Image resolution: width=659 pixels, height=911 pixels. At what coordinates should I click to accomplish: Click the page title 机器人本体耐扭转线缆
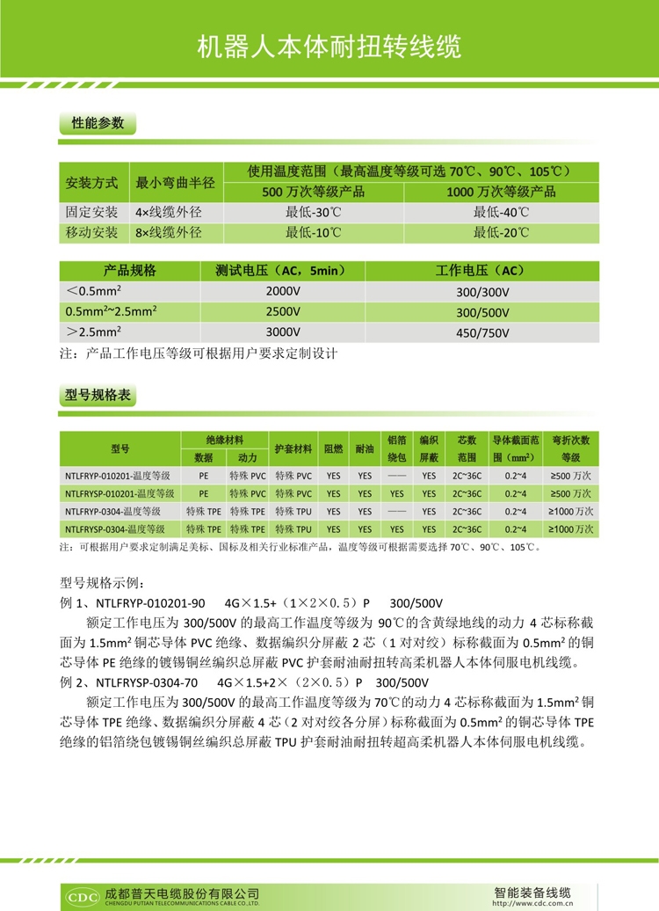point(329,47)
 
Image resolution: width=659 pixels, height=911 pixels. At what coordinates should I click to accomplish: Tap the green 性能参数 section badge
point(98,123)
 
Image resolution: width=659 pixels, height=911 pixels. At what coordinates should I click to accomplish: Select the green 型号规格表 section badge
point(98,397)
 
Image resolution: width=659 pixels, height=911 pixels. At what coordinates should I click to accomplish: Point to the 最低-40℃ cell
point(502,212)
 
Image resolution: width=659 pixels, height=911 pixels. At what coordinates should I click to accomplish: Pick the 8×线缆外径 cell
point(169,233)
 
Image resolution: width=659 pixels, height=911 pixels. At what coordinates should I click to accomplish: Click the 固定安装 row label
point(92,212)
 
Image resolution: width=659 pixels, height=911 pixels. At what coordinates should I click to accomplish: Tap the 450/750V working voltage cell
point(483,332)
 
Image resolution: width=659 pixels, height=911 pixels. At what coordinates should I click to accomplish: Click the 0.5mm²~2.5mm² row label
point(112,311)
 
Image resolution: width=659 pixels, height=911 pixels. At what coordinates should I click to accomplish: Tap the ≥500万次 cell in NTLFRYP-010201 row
point(571,475)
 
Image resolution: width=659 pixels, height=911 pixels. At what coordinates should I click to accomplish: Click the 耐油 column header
point(366,448)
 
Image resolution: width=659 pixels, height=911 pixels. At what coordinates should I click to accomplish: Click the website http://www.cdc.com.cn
point(531,902)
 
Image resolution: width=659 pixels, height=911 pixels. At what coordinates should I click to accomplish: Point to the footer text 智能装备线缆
point(533,890)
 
